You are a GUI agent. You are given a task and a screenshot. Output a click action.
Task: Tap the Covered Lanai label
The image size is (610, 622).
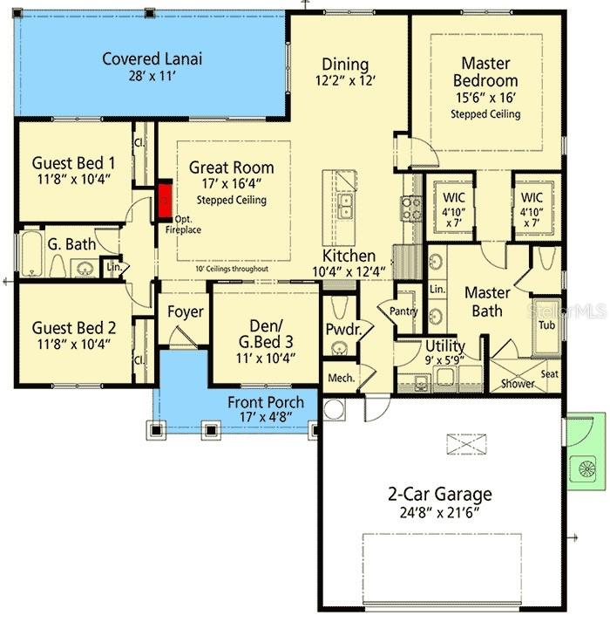(152, 59)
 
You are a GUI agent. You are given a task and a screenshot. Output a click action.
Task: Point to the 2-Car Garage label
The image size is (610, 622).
(439, 494)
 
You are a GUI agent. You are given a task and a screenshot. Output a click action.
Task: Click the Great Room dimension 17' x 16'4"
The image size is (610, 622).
(231, 185)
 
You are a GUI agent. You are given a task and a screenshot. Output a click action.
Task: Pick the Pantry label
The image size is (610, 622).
(403, 311)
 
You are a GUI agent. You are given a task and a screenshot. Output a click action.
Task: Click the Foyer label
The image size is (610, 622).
(186, 311)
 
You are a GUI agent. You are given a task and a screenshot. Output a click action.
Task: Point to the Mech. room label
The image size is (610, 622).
(338, 378)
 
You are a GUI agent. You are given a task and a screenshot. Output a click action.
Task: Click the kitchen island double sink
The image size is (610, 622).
(346, 207)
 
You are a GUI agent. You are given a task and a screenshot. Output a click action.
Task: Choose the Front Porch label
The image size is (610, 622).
(266, 402)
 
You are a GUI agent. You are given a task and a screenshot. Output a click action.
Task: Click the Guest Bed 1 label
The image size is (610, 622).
(73, 162)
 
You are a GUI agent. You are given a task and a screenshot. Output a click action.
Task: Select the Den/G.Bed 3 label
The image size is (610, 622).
(266, 335)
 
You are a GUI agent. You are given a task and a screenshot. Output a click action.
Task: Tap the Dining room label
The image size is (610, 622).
(345, 65)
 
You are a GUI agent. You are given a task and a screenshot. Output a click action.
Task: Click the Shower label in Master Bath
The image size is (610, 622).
(518, 383)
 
